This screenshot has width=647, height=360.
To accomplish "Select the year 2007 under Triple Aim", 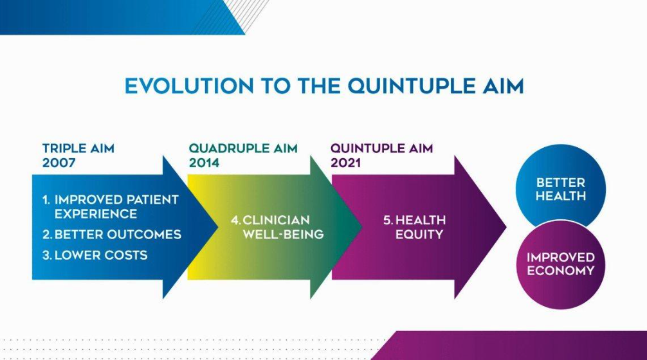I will pyautogui.click(x=59, y=163).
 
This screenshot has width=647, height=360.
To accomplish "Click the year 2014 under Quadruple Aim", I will pyautogui.click(x=204, y=163).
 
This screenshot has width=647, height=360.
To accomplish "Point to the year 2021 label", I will pyautogui.click(x=346, y=163).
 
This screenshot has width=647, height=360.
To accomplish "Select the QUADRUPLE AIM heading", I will pyautogui.click(x=243, y=148).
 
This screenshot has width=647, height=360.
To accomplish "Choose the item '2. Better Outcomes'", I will pyautogui.click(x=112, y=234).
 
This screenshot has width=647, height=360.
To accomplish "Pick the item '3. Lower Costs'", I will pyautogui.click(x=95, y=255).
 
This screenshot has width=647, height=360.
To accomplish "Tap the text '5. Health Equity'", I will pyautogui.click(x=415, y=227).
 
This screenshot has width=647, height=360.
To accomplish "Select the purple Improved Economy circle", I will pyautogui.click(x=560, y=264).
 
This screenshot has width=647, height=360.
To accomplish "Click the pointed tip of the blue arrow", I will pyautogui.click(x=217, y=227).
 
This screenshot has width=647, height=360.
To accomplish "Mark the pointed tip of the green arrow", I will pyautogui.click(x=361, y=227).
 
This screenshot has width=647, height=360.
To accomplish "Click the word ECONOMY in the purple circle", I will pyautogui.click(x=561, y=271).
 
